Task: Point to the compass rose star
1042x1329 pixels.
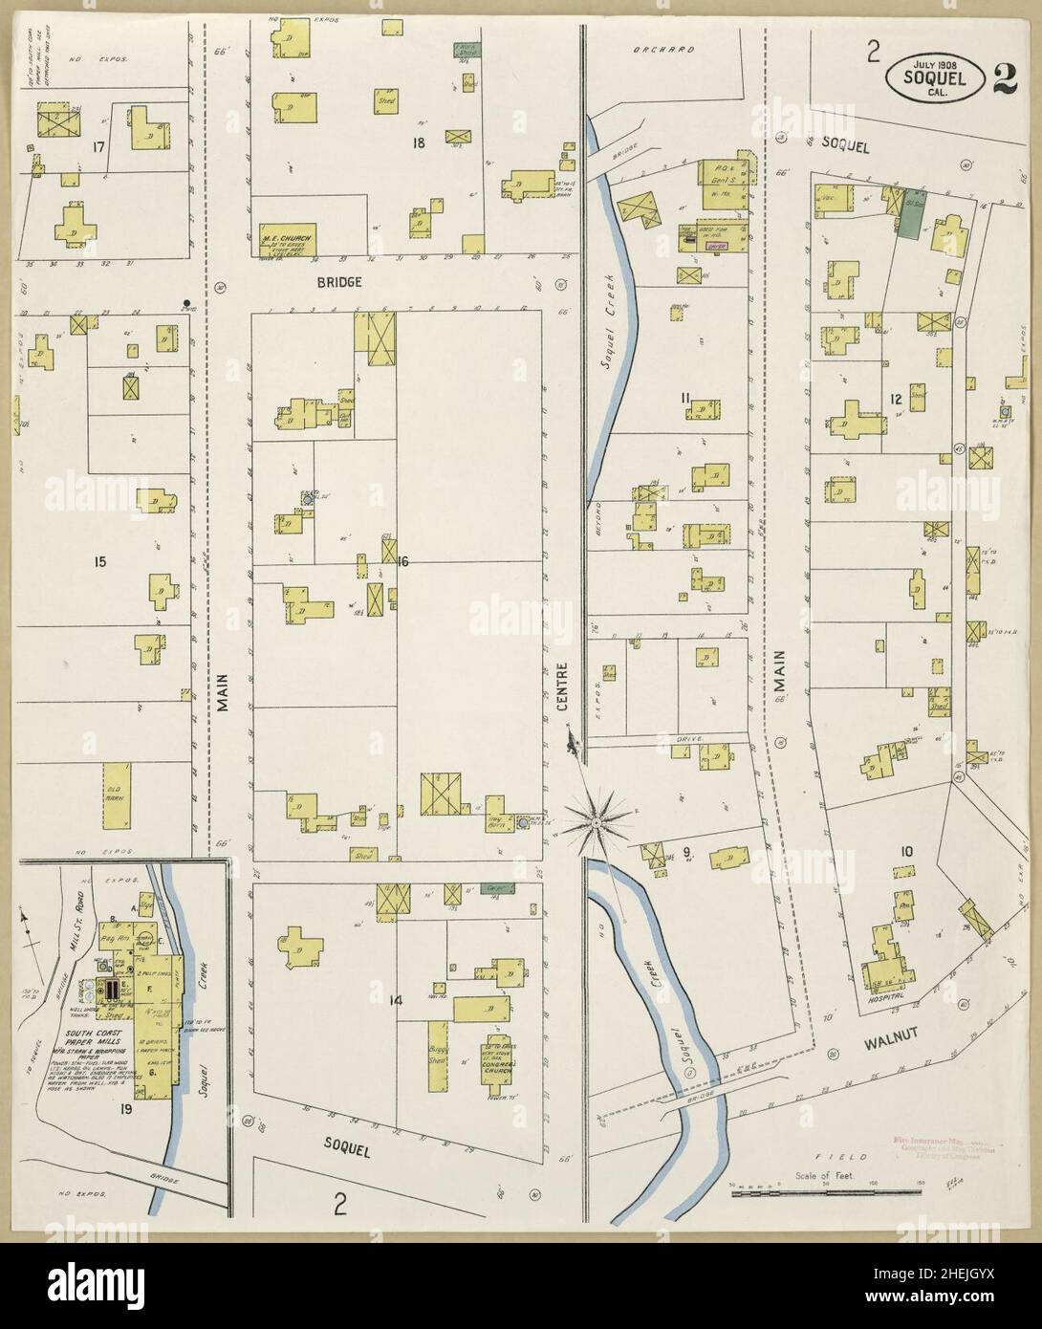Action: coord(597,820)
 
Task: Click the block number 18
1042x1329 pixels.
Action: coord(418,143)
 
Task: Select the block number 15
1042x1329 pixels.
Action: coord(99,562)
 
